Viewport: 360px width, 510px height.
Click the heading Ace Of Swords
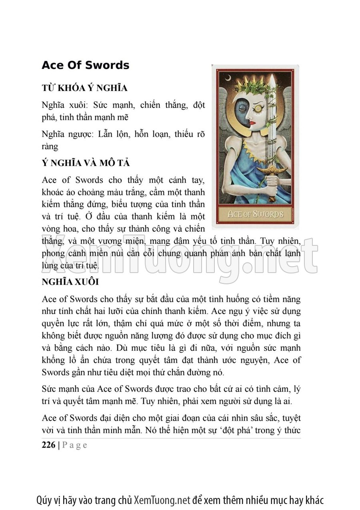85,65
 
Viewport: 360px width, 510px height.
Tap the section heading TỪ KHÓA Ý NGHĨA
84,88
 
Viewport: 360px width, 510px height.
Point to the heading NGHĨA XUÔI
70,281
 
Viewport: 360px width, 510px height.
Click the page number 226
48,445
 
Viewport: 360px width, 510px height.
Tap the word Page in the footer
74,445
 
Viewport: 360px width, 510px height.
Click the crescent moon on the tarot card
228,78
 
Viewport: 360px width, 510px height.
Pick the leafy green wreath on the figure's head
252,86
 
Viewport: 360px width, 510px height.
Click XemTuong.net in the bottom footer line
162,500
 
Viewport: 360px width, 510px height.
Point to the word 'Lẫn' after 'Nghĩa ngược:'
106,135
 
